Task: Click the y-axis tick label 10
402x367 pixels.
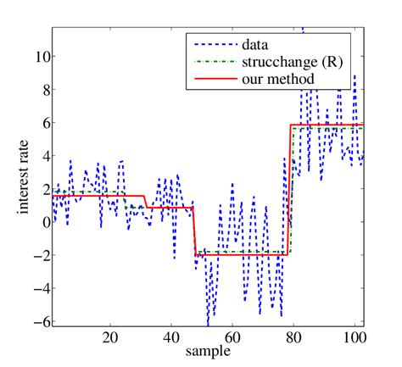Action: [x=40, y=57]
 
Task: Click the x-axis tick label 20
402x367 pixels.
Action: [x=110, y=337]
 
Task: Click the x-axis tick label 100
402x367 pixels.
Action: [x=354, y=337]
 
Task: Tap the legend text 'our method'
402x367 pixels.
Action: [x=277, y=79]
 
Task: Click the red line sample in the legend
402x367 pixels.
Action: [x=213, y=79]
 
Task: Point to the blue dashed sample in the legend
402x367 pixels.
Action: [x=213, y=44]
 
